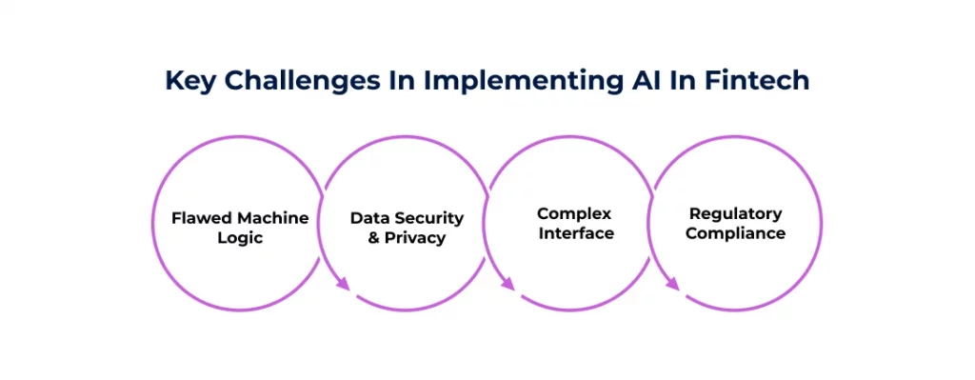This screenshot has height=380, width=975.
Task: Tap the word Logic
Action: [240, 238]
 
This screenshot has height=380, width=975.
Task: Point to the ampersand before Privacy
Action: [374, 238]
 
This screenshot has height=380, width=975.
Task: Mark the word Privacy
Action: [416, 238]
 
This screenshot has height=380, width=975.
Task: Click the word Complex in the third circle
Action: [574, 213]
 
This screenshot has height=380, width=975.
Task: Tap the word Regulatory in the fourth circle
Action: [736, 213]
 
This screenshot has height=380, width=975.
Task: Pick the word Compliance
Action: [736, 233]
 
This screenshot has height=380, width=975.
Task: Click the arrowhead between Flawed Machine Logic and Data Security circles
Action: [344, 283]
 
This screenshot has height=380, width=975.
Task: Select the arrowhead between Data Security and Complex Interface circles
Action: [507, 283]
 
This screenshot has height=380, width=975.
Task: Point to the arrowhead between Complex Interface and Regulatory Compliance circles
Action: [672, 283]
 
